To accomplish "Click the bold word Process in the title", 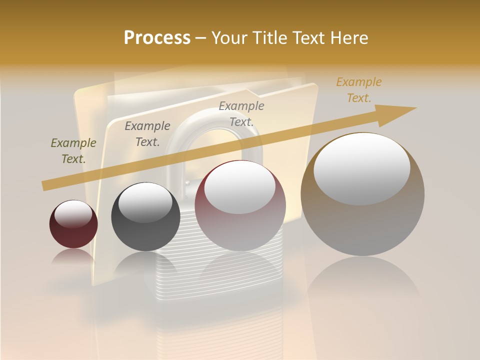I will pos(157,38).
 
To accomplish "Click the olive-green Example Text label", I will pos(73,151).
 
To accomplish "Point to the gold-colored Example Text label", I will pos(358,90).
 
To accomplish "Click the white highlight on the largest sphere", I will pos(362,167).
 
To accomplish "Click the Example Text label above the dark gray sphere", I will pos(147,134).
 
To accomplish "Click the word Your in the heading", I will pos(228,38).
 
